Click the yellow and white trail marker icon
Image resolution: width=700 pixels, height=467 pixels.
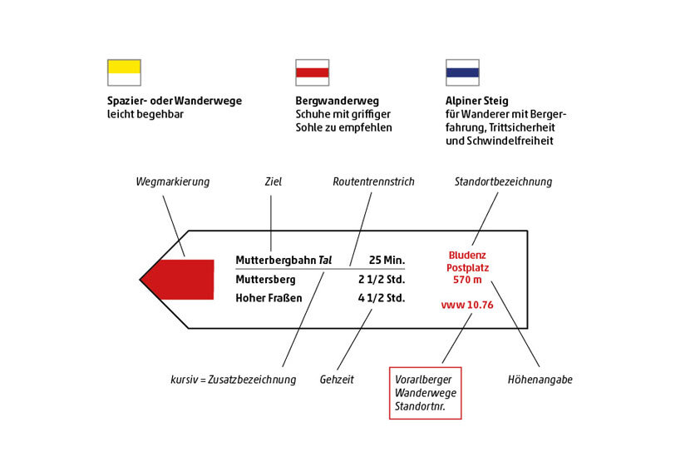click(124, 72)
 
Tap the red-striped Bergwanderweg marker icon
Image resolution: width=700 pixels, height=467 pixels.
click(312, 72)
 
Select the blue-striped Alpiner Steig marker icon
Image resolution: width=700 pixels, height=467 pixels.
click(462, 72)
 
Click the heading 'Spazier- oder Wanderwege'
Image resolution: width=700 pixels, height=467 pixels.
click(175, 101)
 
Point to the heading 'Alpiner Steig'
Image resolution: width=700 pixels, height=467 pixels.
click(476, 101)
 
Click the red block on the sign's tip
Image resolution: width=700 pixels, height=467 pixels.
click(186, 279)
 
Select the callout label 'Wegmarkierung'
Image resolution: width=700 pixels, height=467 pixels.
click(173, 181)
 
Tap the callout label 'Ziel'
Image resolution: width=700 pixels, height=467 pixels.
click(273, 181)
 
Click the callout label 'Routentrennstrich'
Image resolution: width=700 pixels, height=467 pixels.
click(373, 181)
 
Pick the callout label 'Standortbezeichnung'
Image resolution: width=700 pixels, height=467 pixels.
click(503, 181)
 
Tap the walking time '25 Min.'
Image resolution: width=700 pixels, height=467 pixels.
click(387, 261)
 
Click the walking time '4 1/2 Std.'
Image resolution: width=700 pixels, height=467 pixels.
click(382, 298)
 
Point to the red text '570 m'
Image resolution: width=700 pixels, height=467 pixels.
click(467, 281)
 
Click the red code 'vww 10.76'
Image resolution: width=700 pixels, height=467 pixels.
click(467, 306)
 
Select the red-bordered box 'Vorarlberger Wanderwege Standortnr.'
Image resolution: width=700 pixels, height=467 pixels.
click(425, 392)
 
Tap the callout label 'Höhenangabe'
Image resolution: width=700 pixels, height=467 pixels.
click(540, 380)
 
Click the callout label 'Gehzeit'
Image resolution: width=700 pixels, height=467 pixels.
click(337, 380)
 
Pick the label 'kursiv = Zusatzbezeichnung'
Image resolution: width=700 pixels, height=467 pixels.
click(233, 380)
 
